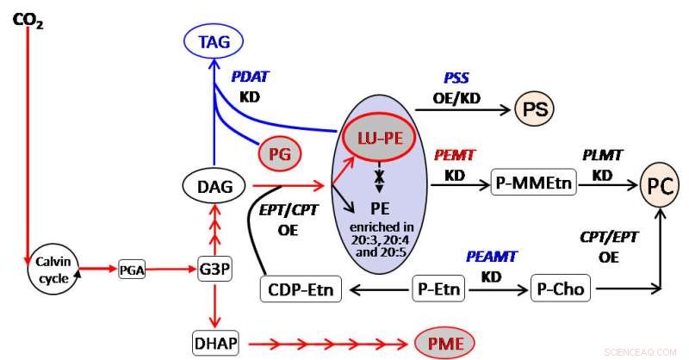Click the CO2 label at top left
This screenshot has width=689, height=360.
pyautogui.click(x=28, y=17)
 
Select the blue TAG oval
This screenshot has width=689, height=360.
pyautogui.click(x=214, y=40)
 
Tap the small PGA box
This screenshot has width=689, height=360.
pyautogui.click(x=133, y=269)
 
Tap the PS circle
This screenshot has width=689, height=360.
pyautogui.click(x=534, y=109)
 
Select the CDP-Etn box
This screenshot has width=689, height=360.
pyautogui.click(x=301, y=290)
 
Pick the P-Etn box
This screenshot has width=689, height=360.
pyautogui.click(x=438, y=290)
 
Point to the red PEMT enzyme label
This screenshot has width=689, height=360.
pyautogui.click(x=456, y=155)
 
